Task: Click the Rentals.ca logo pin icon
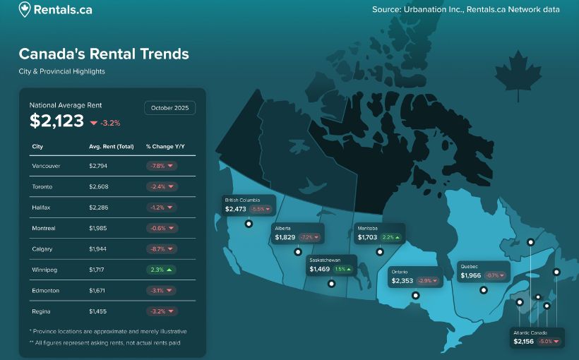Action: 25,10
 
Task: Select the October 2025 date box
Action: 170,108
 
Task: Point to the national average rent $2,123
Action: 56,121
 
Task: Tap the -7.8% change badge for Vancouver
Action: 161,166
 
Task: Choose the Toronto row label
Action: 42,187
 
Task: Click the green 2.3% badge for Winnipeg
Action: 161,270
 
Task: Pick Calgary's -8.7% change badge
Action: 161,249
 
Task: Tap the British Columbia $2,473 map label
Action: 248,205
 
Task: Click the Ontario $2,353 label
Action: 415,277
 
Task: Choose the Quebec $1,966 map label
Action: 483,272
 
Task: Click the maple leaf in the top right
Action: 518,74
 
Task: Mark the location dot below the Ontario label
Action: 416,295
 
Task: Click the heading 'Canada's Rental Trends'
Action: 104,54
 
